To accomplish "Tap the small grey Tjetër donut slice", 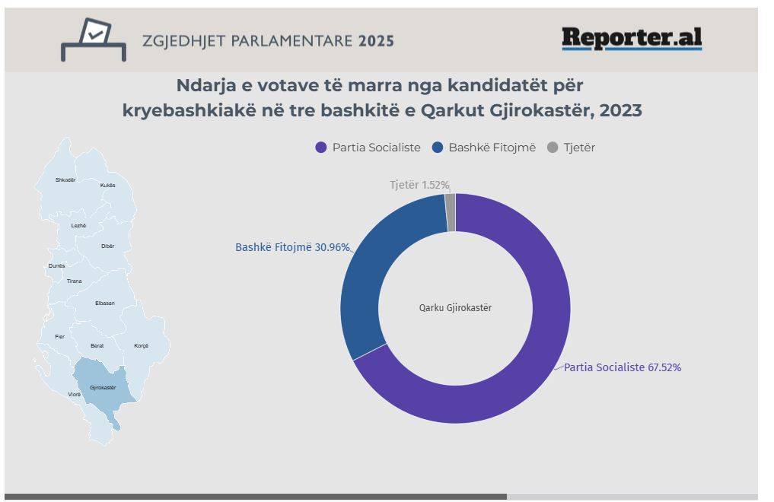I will tap(451, 202).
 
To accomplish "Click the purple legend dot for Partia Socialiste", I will tap(320, 148).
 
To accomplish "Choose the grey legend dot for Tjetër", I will tap(553, 148).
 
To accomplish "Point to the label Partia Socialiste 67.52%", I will tap(622, 367).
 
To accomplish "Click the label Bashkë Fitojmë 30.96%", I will tap(292, 247).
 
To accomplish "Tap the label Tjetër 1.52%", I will tap(419, 185).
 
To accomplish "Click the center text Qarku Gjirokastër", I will tap(455, 308).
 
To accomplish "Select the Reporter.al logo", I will tap(632, 38).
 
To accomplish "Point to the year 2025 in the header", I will tap(376, 40).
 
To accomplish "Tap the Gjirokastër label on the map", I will tap(103, 387).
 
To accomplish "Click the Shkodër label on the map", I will tap(66, 180).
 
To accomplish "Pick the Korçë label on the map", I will tap(141, 346).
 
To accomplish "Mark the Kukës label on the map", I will tap(107, 185).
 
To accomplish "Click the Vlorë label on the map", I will tap(75, 395).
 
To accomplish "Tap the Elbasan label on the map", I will tap(105, 303).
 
